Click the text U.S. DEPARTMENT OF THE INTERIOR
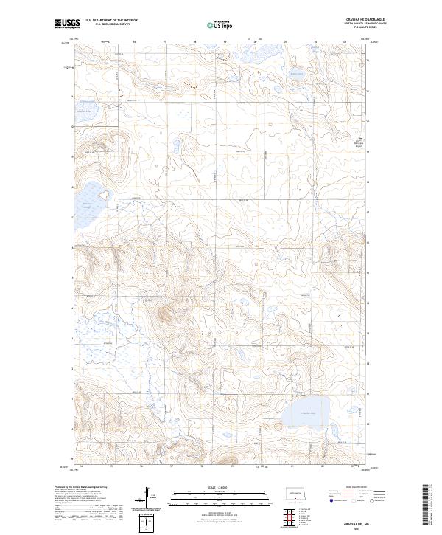click(x=111, y=21)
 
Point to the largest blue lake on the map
click(x=308, y=415)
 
